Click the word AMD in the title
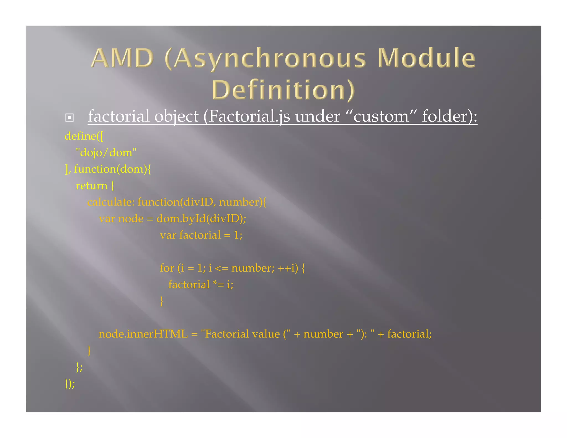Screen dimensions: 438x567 122,58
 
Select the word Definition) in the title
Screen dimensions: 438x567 283,90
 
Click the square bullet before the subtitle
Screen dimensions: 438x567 69,118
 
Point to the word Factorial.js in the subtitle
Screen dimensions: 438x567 249,116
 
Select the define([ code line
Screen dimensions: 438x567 84,136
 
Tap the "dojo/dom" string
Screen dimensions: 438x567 106,153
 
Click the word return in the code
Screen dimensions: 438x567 91,185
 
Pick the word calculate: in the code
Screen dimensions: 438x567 111,202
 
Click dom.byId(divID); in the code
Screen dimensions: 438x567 201,219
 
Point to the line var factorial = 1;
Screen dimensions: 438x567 201,235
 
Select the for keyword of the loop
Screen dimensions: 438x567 167,268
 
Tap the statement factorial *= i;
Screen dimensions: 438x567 201,285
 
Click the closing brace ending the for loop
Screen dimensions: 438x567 162,301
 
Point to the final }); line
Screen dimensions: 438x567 70,384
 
